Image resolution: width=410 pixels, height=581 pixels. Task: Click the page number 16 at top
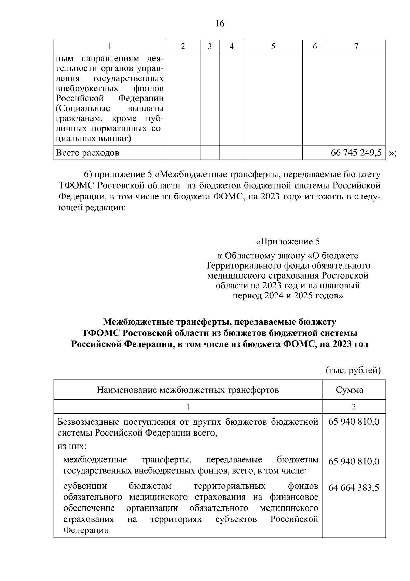pyautogui.click(x=220, y=24)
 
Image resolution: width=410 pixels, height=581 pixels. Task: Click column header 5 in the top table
pyautogui.click(x=273, y=47)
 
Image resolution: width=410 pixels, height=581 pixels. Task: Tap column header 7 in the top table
pyautogui.click(x=356, y=47)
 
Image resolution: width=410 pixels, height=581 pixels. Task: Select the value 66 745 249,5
pyautogui.click(x=356, y=153)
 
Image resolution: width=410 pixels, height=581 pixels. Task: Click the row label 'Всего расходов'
pyautogui.click(x=87, y=153)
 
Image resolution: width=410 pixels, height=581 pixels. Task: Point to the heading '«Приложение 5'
pyautogui.click(x=288, y=242)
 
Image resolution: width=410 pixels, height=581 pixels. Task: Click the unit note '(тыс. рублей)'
pyautogui.click(x=353, y=370)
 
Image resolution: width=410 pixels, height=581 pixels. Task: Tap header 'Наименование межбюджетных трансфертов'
pyautogui.click(x=188, y=390)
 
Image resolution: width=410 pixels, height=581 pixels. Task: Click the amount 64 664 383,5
pyautogui.click(x=354, y=488)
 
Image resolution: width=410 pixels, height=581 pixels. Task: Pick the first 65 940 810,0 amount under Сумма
pyautogui.click(x=354, y=422)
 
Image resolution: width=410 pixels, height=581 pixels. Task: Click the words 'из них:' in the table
pyautogui.click(x=72, y=446)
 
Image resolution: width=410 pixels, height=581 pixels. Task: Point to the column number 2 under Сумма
pyautogui.click(x=354, y=406)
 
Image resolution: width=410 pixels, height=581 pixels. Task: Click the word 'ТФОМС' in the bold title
pyautogui.click(x=101, y=333)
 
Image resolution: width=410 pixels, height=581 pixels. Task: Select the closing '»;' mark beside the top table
pyautogui.click(x=393, y=153)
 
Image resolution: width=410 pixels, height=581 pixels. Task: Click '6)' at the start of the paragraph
pyautogui.click(x=88, y=175)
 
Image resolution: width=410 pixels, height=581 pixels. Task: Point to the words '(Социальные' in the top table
pyautogui.click(x=83, y=109)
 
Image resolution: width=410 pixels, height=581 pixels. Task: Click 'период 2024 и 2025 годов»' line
pyautogui.click(x=288, y=295)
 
